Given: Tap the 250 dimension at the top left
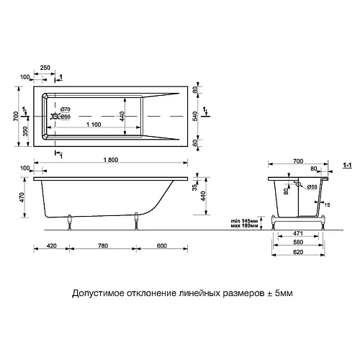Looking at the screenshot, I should [x=45, y=66].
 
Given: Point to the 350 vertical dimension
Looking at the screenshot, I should [x=26, y=130].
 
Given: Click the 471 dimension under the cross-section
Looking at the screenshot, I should [x=297, y=235].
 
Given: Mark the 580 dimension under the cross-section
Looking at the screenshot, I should [x=297, y=243].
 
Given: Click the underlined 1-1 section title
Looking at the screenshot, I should [x=346, y=165].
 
